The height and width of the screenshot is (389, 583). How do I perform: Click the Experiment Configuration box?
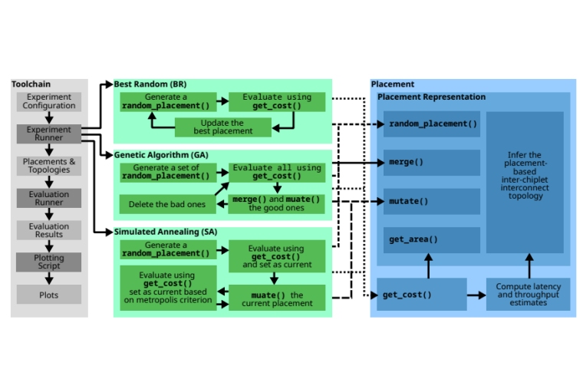point(49,101)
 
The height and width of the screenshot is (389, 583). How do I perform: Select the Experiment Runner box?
point(49,134)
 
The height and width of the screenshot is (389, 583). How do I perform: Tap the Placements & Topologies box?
point(49,166)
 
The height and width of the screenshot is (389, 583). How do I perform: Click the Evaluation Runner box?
point(49,198)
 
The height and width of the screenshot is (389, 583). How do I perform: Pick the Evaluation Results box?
point(49,231)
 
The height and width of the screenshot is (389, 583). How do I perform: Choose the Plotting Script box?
point(49,262)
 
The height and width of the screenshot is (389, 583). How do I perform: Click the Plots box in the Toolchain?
point(49,295)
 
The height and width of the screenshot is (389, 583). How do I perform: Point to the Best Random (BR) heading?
point(150,84)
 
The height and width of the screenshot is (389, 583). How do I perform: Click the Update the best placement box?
point(222,127)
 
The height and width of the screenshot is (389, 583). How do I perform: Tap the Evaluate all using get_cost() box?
point(277,172)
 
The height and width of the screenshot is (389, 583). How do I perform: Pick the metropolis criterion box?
point(168,287)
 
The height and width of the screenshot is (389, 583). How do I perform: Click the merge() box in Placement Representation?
point(431,163)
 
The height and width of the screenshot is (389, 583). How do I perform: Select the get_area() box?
point(431,239)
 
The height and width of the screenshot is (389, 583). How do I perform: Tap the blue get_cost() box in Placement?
point(421,295)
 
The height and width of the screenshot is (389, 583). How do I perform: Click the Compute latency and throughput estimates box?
point(528,295)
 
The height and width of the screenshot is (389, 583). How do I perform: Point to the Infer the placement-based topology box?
point(525,181)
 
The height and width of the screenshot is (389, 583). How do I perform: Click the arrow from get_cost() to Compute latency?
point(476,295)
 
